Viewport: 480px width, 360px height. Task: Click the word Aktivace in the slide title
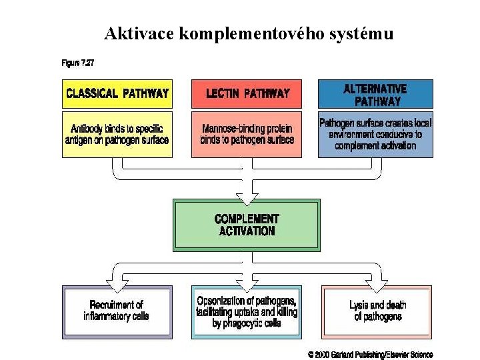click(x=139, y=33)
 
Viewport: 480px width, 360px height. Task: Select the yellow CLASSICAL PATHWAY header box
click(x=117, y=93)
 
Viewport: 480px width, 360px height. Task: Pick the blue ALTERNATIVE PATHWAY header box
click(x=375, y=94)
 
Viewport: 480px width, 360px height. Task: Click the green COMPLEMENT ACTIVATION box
click(x=247, y=225)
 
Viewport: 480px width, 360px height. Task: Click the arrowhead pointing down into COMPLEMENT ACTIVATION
click(x=247, y=197)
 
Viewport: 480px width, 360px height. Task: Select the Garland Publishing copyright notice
click(x=370, y=355)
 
